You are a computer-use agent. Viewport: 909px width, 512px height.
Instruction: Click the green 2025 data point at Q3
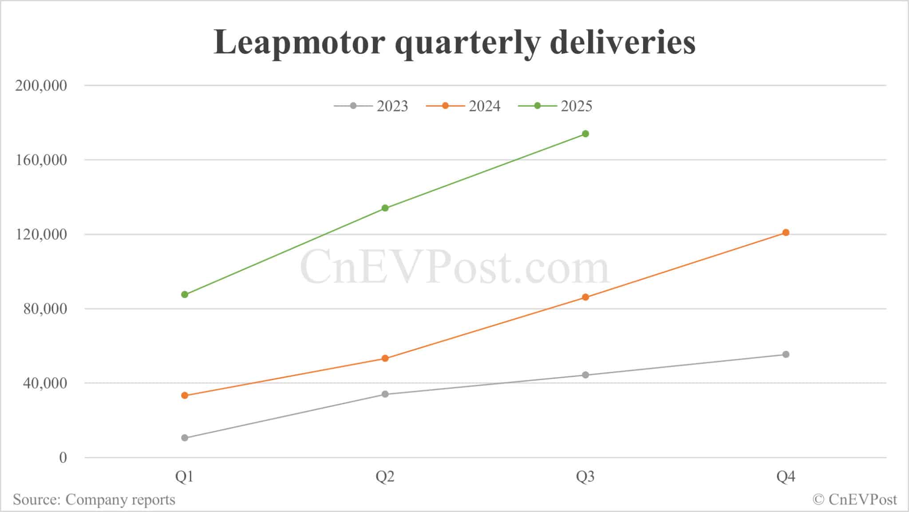[585, 134]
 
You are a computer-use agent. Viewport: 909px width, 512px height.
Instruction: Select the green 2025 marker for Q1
[185, 294]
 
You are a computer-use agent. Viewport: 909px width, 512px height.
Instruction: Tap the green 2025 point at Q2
[385, 208]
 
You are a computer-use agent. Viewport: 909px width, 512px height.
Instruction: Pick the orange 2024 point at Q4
[786, 232]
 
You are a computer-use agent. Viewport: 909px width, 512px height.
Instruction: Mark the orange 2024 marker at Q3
[585, 297]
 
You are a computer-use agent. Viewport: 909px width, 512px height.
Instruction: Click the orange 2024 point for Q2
[385, 358]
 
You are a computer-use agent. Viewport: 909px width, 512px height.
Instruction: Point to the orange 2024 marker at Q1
[185, 395]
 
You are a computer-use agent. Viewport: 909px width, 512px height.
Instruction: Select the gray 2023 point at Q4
[786, 354]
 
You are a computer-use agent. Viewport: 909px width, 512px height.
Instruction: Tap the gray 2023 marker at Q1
[185, 438]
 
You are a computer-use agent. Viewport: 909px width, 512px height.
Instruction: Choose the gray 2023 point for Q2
[385, 394]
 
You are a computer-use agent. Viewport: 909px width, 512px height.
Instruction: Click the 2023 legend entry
[371, 106]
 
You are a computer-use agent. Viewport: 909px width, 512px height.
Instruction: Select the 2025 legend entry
[555, 106]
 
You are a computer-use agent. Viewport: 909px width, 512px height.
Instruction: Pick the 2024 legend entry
[463, 106]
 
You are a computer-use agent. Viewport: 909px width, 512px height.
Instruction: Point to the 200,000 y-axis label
[41, 85]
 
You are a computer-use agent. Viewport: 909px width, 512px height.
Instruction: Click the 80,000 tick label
[45, 309]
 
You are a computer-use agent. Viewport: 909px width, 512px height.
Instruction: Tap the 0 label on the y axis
[63, 457]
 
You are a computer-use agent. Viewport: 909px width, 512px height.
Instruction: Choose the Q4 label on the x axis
[786, 477]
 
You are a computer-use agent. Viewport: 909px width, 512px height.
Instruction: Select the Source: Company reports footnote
[94, 500]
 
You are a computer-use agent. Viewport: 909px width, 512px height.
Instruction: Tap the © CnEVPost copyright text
[855, 500]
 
